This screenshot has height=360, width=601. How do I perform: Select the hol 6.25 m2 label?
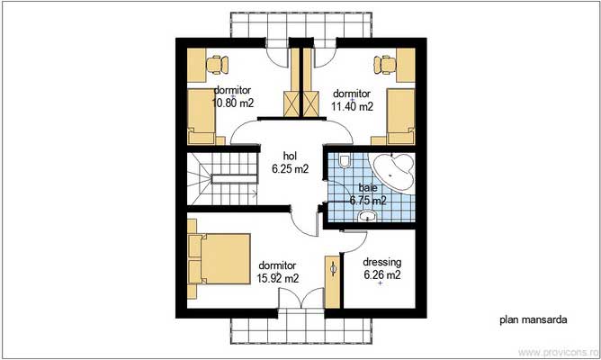(x=289, y=161)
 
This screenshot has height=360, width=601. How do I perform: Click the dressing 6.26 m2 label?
(x=381, y=269)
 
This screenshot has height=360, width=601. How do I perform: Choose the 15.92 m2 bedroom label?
(x=279, y=273)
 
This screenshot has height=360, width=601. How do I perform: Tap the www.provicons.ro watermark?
(x=557, y=351)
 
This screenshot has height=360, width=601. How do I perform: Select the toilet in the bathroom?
(x=345, y=162)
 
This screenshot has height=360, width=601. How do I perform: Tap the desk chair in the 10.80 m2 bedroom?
(x=216, y=63)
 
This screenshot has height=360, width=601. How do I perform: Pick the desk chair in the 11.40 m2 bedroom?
(x=385, y=63)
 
